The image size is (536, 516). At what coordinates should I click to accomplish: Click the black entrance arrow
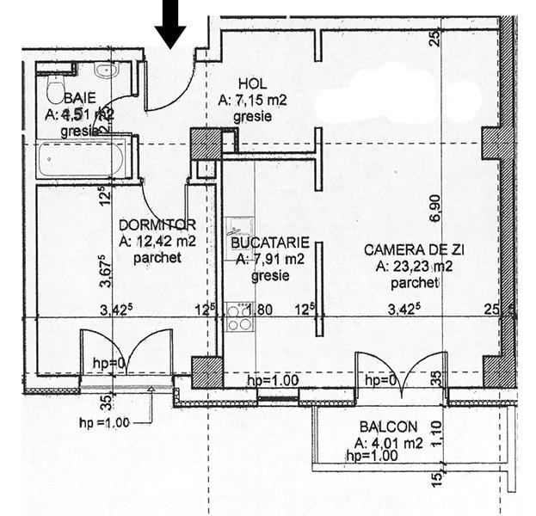(171, 23)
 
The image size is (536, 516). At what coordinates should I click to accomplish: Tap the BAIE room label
(79, 98)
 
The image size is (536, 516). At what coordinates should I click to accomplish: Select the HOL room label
(252, 84)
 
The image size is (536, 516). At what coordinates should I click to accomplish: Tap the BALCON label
(389, 427)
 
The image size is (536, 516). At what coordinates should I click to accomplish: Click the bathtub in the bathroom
(83, 160)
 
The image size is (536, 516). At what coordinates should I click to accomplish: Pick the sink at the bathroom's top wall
(106, 71)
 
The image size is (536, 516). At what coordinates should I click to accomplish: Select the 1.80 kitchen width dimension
(262, 310)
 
